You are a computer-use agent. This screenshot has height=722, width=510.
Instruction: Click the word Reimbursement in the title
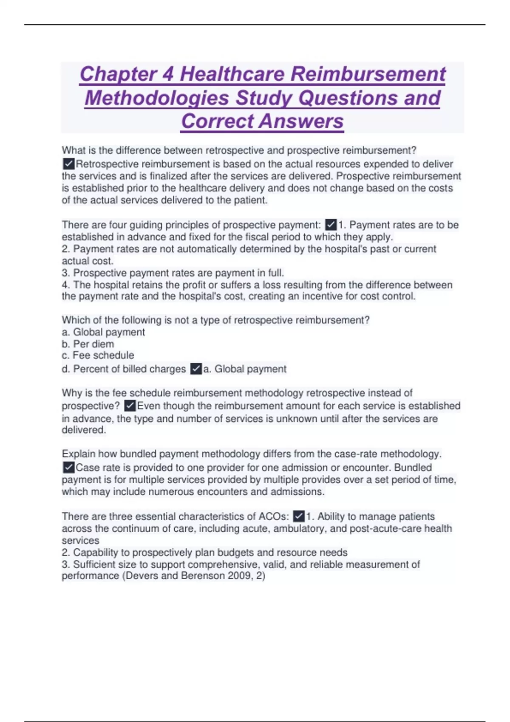368,74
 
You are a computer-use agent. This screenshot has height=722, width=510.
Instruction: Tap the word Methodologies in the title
157,98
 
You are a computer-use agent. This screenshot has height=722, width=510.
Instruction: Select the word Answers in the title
301,121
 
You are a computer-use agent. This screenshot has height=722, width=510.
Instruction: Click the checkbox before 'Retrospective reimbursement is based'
68,164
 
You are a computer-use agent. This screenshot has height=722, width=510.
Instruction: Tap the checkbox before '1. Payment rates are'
331,225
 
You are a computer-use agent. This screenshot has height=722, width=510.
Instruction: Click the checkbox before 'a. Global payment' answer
196,369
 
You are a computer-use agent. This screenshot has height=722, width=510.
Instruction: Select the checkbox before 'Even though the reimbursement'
130,406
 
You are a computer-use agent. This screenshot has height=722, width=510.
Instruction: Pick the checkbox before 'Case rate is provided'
68,468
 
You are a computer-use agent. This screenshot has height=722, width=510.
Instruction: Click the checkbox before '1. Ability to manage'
299,516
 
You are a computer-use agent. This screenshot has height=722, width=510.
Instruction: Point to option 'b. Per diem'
88,344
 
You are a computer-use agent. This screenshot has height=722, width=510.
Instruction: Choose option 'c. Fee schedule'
98,355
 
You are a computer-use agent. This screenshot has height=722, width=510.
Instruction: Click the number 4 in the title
168,74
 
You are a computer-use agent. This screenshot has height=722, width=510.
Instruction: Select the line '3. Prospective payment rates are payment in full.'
173,273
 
